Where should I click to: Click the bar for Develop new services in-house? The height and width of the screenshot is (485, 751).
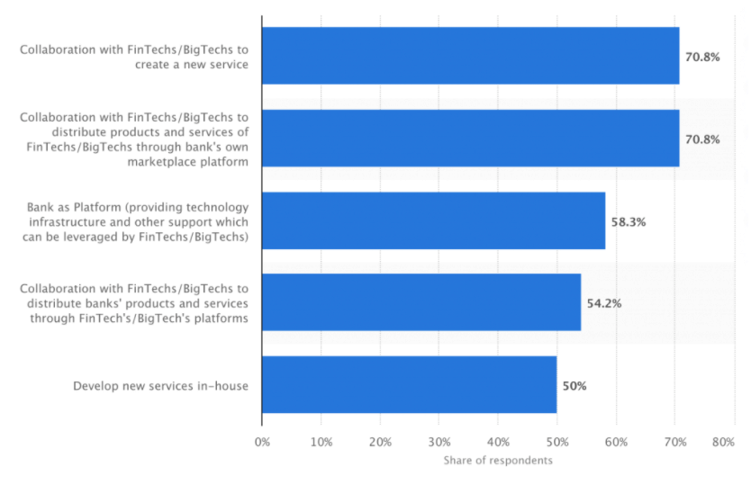point(409,385)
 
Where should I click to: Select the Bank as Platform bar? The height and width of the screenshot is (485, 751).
point(433,220)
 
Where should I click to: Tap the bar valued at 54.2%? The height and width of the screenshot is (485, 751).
point(421,302)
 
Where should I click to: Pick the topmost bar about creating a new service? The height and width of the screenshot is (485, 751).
point(470,56)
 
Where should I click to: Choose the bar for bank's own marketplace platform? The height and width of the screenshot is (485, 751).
point(470,139)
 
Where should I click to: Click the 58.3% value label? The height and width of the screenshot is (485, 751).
point(629,220)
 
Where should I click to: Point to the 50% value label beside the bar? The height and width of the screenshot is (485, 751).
point(575,386)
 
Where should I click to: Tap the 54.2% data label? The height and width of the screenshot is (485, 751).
point(604,303)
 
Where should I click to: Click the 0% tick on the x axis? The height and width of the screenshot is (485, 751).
point(262,442)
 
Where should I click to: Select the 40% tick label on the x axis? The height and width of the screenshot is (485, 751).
point(498,442)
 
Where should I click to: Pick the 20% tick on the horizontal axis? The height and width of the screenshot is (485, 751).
point(380,442)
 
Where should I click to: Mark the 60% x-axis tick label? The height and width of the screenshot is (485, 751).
point(616,442)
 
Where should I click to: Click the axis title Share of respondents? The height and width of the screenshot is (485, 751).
point(498,461)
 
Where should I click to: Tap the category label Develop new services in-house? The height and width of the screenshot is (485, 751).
point(160,386)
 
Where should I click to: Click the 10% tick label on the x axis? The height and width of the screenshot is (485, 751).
point(321,442)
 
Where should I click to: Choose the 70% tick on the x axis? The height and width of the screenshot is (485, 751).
point(675,442)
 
